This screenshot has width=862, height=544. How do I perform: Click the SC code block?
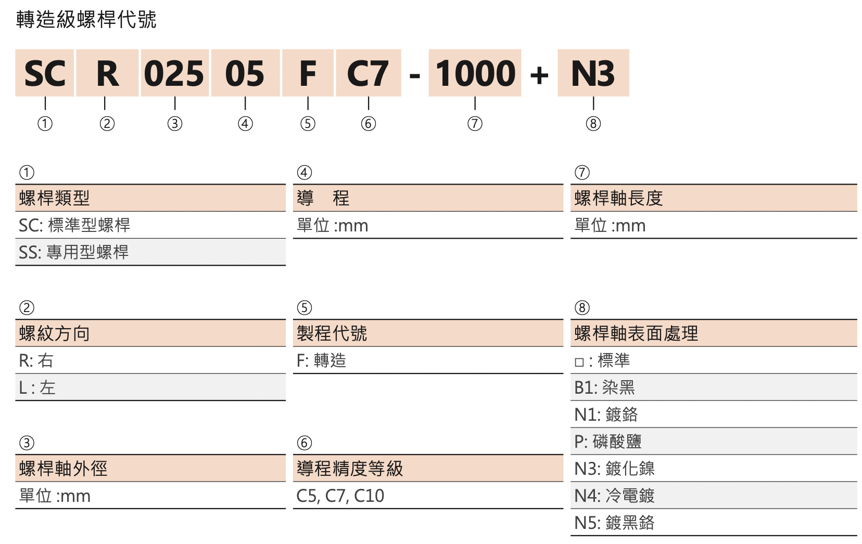(44, 73)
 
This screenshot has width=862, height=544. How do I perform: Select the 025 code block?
(175, 73)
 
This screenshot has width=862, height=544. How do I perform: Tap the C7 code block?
(368, 73)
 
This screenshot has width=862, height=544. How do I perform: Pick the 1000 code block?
(475, 73)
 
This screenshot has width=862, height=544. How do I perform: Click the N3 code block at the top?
(593, 73)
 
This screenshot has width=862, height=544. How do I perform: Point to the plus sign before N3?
(539, 75)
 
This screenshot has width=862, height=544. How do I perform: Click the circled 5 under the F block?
(308, 124)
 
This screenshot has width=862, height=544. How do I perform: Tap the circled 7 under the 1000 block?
(475, 124)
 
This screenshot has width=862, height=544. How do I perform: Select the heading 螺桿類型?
(54, 198)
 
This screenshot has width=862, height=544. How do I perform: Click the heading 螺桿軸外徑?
(63, 469)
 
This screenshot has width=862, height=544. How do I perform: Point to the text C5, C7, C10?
(340, 496)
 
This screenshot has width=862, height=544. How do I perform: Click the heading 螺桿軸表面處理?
(636, 333)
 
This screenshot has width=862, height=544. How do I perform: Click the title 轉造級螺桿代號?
(86, 20)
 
